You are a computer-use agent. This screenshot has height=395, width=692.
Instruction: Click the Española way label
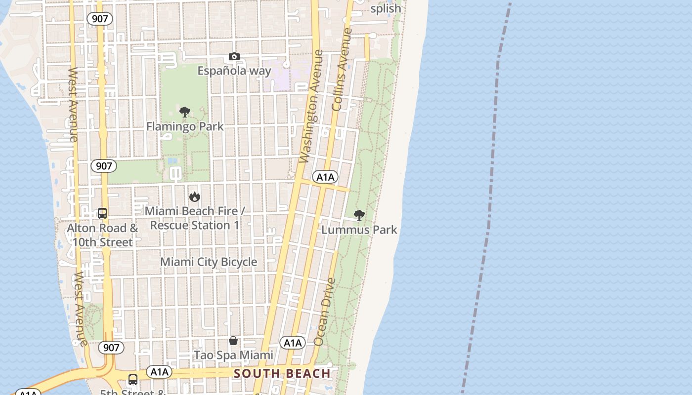[234, 71]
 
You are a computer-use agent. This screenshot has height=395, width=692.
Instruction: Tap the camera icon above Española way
[234, 57]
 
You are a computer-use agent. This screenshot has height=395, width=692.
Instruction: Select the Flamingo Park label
[185, 126]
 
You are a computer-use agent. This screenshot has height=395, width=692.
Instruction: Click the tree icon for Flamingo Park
[185, 112]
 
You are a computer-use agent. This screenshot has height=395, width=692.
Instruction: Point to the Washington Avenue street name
[311, 106]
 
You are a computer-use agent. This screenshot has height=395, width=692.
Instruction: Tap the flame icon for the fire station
[195, 197]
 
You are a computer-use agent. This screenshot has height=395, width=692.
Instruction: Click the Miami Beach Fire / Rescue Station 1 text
[195, 218]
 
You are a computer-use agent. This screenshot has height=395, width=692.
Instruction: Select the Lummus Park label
[359, 230]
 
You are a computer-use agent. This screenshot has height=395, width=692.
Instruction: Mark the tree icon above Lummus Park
[359, 215]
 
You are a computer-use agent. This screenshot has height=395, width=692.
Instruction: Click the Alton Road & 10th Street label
[102, 235]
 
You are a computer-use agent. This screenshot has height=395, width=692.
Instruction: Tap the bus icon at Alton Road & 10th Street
[102, 213]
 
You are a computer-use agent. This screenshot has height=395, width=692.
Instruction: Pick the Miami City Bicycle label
[209, 262]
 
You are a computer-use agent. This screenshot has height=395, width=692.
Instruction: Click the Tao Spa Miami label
[233, 355]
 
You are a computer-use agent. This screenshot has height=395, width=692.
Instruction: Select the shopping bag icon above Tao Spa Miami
[233, 341]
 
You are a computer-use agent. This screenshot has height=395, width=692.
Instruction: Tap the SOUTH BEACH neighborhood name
[282, 373]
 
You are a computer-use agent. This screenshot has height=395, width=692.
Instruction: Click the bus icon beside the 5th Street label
[133, 380]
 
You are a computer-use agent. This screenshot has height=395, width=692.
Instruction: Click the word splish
[386, 8]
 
